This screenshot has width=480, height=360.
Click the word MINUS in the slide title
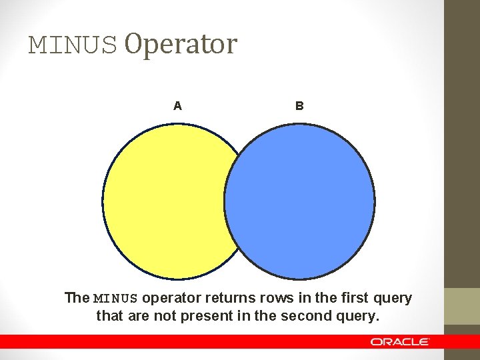(73, 45)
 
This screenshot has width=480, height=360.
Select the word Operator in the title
(181, 44)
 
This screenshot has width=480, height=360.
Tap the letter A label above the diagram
(177, 105)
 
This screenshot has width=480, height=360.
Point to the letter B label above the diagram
(299, 105)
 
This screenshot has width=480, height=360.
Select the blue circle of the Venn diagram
(300, 200)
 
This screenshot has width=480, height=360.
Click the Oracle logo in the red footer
(400, 341)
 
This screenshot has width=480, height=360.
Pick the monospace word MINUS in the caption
(116, 298)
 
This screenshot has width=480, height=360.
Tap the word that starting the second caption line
(109, 315)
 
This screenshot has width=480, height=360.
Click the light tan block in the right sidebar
(462, 306)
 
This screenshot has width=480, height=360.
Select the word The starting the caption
(77, 298)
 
